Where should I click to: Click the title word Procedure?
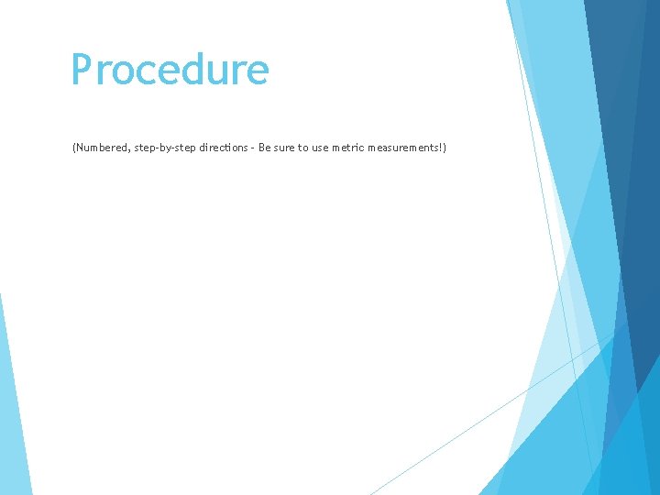pos(170,71)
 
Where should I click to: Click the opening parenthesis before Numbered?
pos(73,147)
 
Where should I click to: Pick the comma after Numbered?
pos(130,149)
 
